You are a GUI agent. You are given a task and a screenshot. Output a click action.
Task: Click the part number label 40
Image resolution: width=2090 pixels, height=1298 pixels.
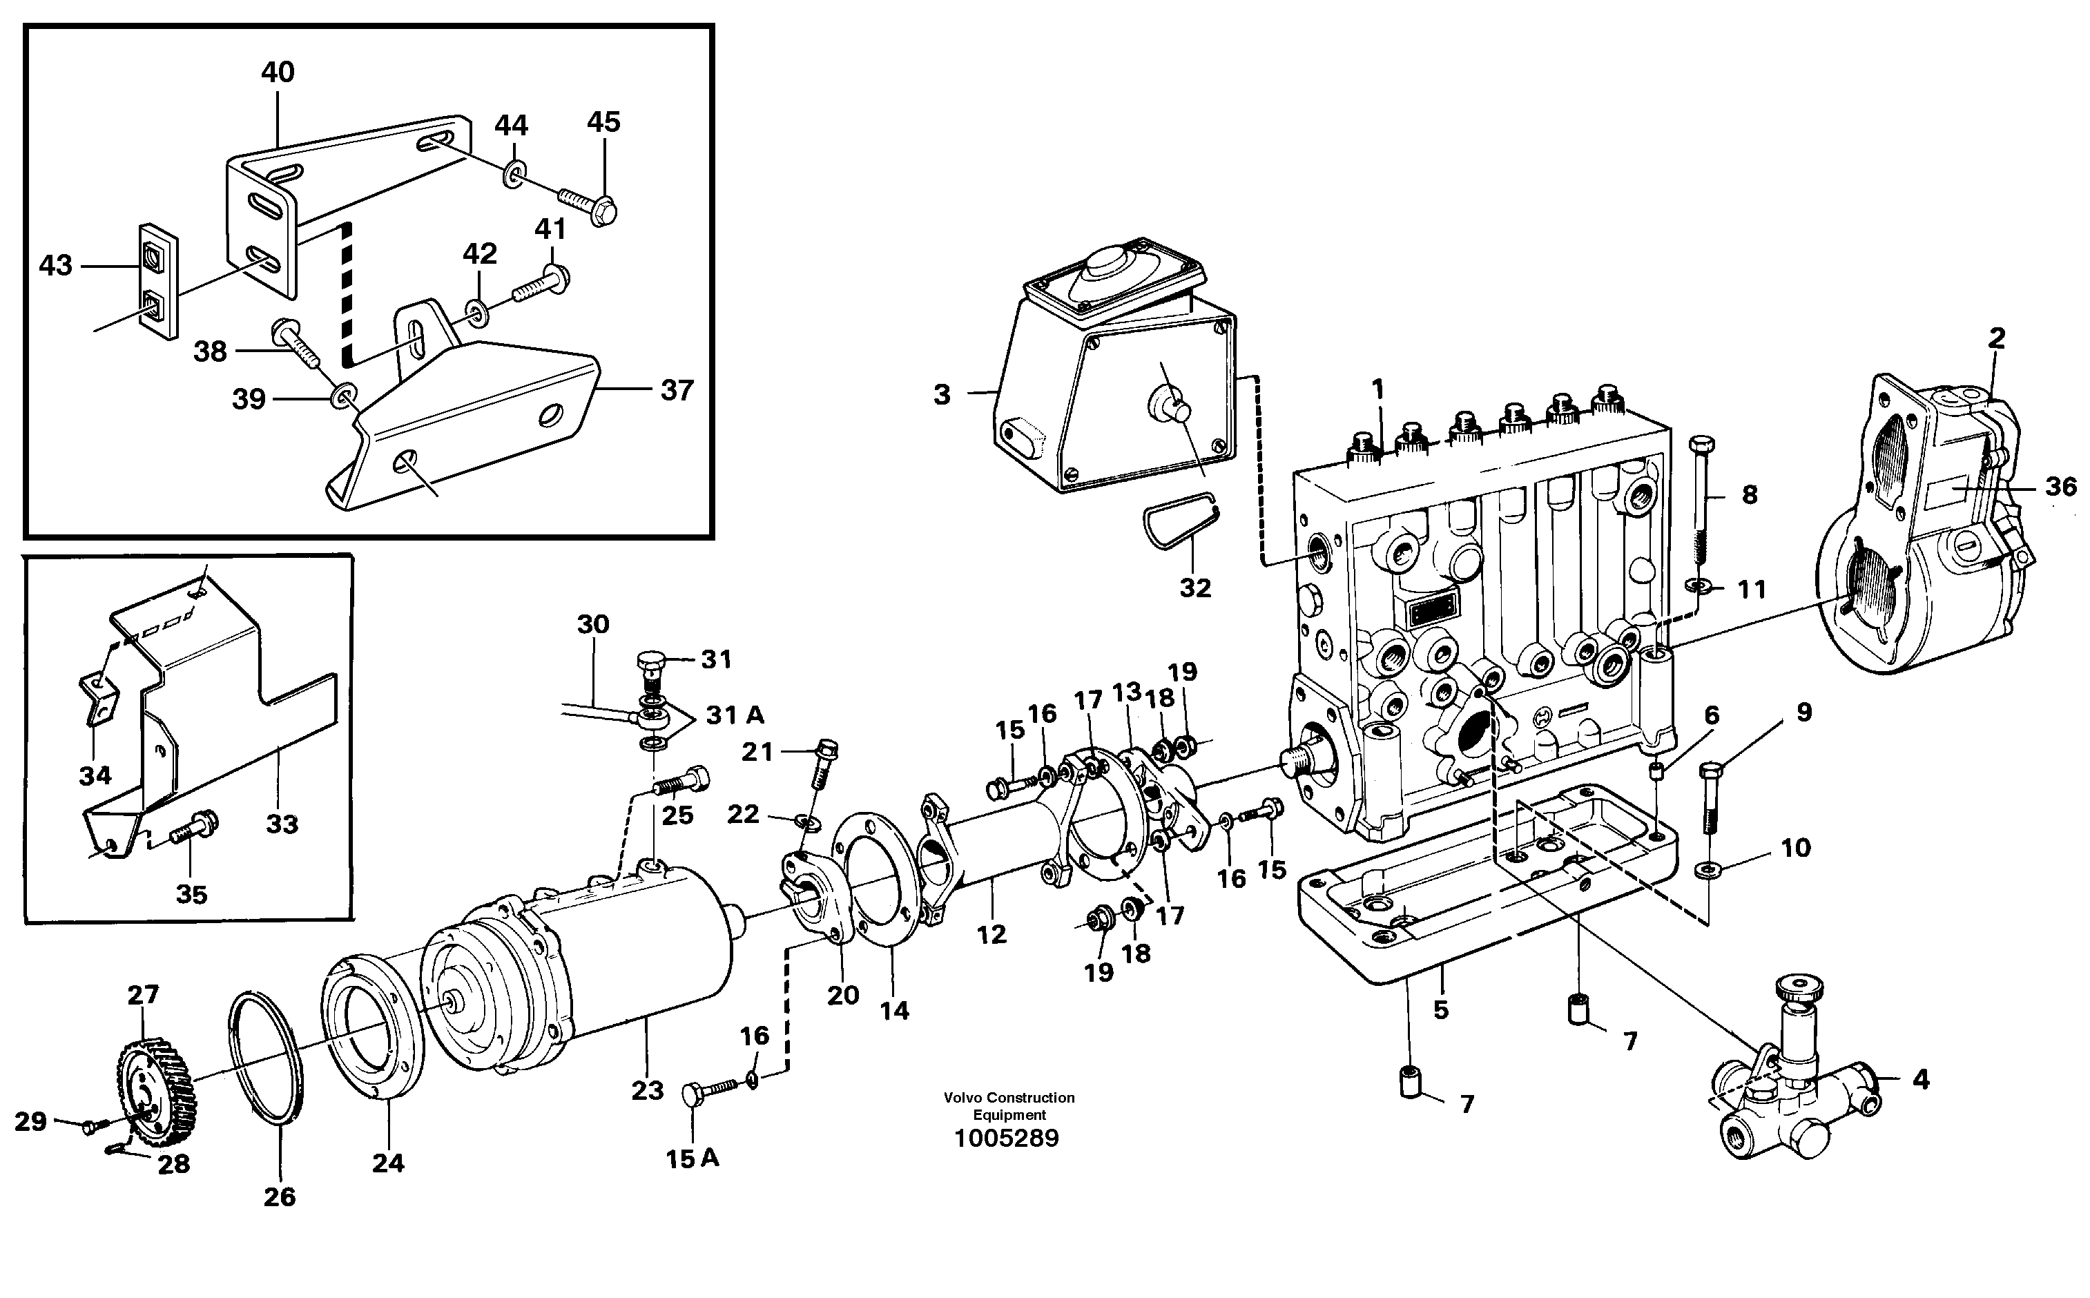(278, 72)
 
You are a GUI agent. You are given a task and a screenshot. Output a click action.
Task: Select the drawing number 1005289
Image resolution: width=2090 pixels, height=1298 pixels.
(1007, 1139)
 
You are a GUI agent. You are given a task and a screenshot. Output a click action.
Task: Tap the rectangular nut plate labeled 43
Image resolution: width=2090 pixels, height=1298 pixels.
(158, 280)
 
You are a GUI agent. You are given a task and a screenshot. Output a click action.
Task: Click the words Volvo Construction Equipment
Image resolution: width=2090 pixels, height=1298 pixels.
(1009, 1105)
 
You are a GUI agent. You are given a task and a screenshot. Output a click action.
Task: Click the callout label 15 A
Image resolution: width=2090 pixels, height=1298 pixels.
(692, 1159)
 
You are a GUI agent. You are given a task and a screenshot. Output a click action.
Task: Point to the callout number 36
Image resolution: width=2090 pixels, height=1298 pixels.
(2060, 487)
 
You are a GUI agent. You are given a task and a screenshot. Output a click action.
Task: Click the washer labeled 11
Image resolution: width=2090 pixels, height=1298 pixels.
(1698, 585)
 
